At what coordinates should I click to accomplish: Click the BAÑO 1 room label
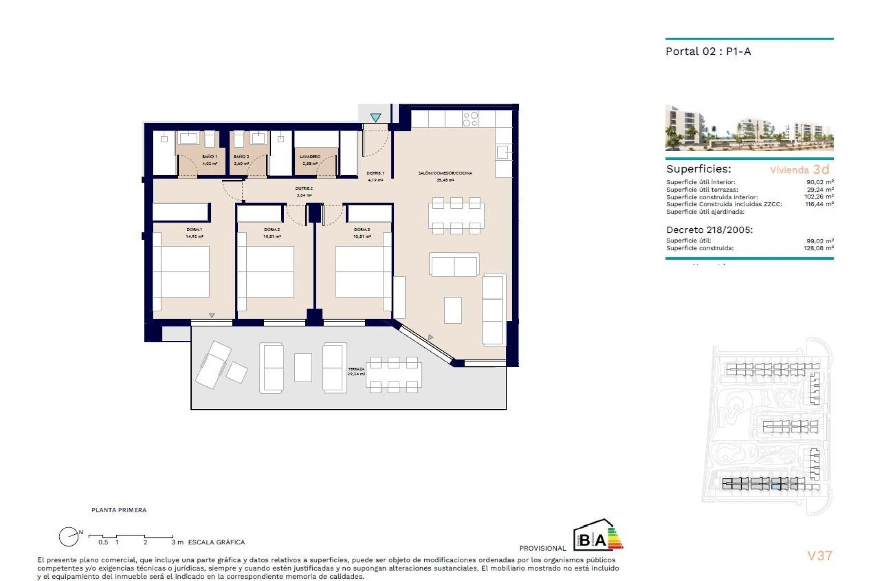click(x=210, y=157)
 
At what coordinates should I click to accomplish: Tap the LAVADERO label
click(x=310, y=157)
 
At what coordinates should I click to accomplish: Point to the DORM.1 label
click(x=194, y=230)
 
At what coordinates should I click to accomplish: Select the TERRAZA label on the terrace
click(x=356, y=369)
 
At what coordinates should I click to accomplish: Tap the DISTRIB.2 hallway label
click(x=304, y=188)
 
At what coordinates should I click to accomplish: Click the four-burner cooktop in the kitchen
click(x=470, y=119)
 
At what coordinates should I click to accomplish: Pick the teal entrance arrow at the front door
click(x=375, y=118)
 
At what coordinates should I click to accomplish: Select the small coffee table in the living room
click(x=453, y=310)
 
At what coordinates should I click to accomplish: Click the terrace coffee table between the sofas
click(x=303, y=367)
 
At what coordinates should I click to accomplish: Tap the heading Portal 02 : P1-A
click(x=708, y=51)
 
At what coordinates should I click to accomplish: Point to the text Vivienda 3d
click(x=799, y=170)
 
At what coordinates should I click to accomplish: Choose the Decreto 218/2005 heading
click(x=709, y=230)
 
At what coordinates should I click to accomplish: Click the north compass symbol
click(x=69, y=537)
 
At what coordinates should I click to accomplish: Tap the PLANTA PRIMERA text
click(x=119, y=510)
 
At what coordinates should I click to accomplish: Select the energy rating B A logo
click(x=598, y=536)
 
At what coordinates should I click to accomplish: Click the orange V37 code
click(x=819, y=556)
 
